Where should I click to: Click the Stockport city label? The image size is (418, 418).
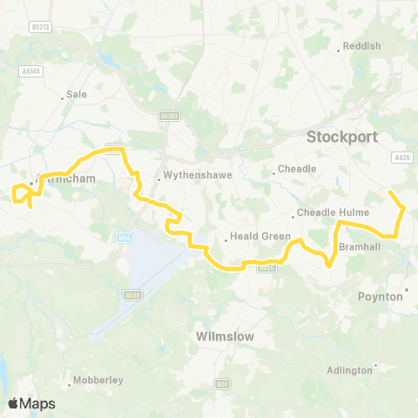(x=341, y=137)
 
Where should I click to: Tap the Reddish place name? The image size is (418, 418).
(x=362, y=45)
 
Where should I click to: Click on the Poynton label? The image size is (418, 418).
(x=381, y=296)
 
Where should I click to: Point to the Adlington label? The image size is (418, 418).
(x=348, y=370)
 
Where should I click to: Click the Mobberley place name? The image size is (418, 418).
(x=99, y=381)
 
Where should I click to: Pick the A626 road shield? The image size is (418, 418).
(x=401, y=157)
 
